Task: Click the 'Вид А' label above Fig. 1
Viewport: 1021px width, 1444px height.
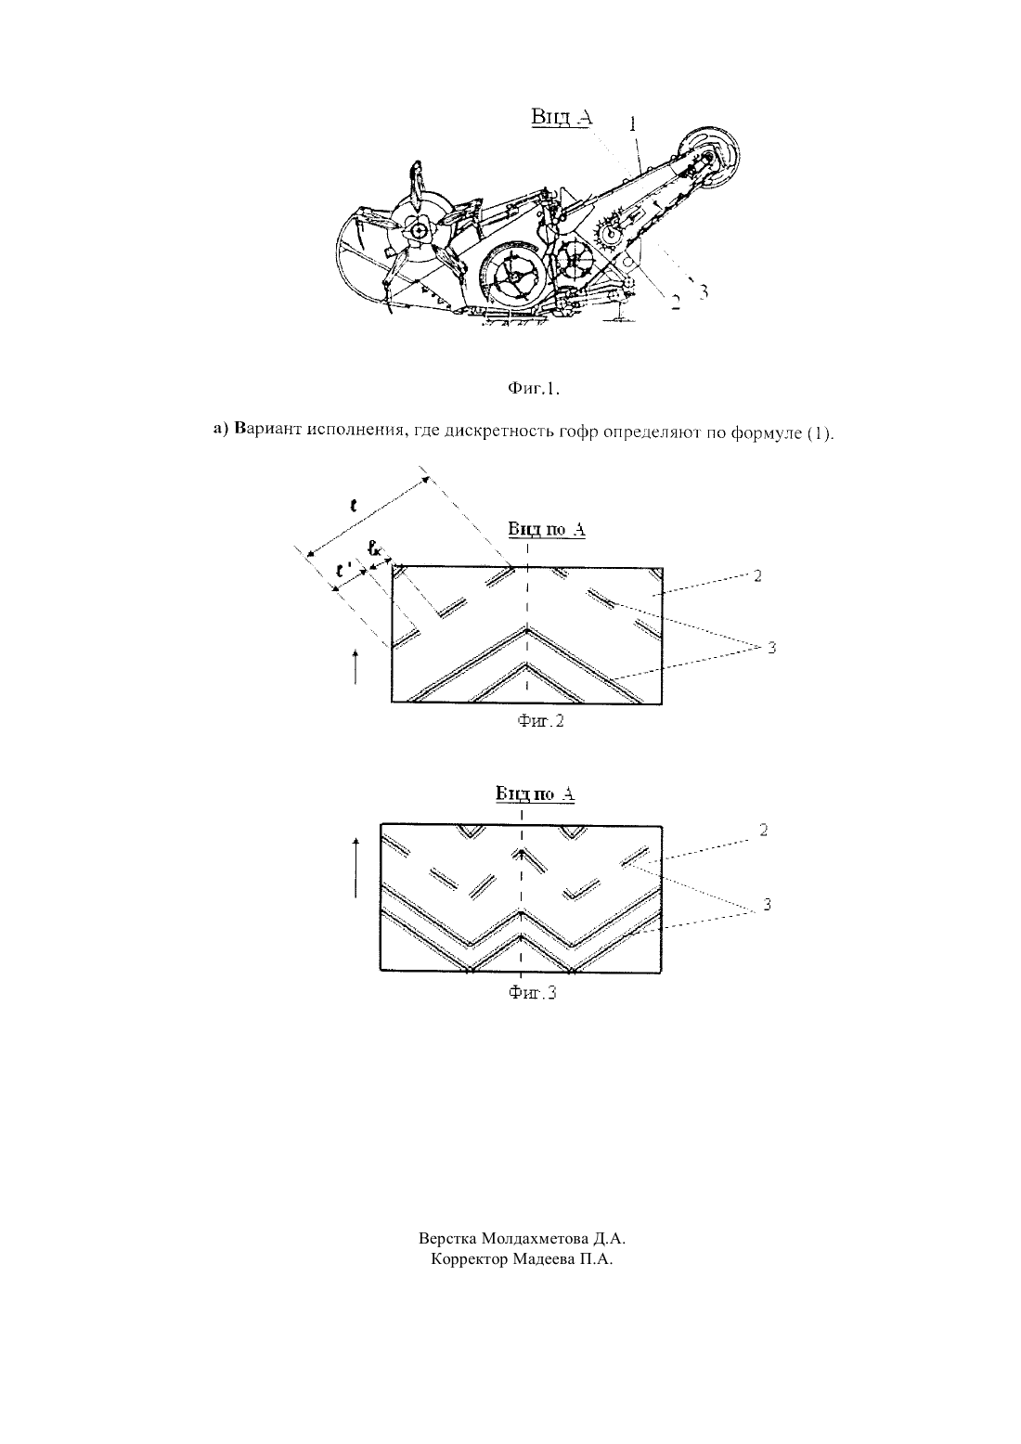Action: (562, 117)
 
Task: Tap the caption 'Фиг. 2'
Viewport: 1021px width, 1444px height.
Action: (540, 721)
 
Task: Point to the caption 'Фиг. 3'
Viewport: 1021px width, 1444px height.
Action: (532, 993)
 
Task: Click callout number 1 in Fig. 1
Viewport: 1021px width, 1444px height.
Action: (632, 123)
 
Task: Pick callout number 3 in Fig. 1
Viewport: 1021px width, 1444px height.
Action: (704, 291)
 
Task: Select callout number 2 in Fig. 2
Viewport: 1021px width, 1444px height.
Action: (757, 575)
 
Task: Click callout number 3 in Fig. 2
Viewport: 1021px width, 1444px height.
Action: (771, 647)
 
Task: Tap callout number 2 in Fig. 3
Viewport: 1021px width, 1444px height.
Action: (763, 831)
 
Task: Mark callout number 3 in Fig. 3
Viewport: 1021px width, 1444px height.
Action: (767, 905)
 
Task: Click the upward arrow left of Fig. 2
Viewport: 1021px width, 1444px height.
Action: (355, 666)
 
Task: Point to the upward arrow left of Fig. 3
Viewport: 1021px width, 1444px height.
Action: (355, 868)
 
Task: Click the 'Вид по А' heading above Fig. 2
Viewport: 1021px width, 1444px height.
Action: (547, 529)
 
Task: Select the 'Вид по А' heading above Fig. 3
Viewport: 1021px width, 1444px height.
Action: (535, 793)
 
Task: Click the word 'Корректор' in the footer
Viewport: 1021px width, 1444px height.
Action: (470, 1258)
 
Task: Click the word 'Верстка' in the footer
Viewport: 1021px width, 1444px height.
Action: (447, 1238)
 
